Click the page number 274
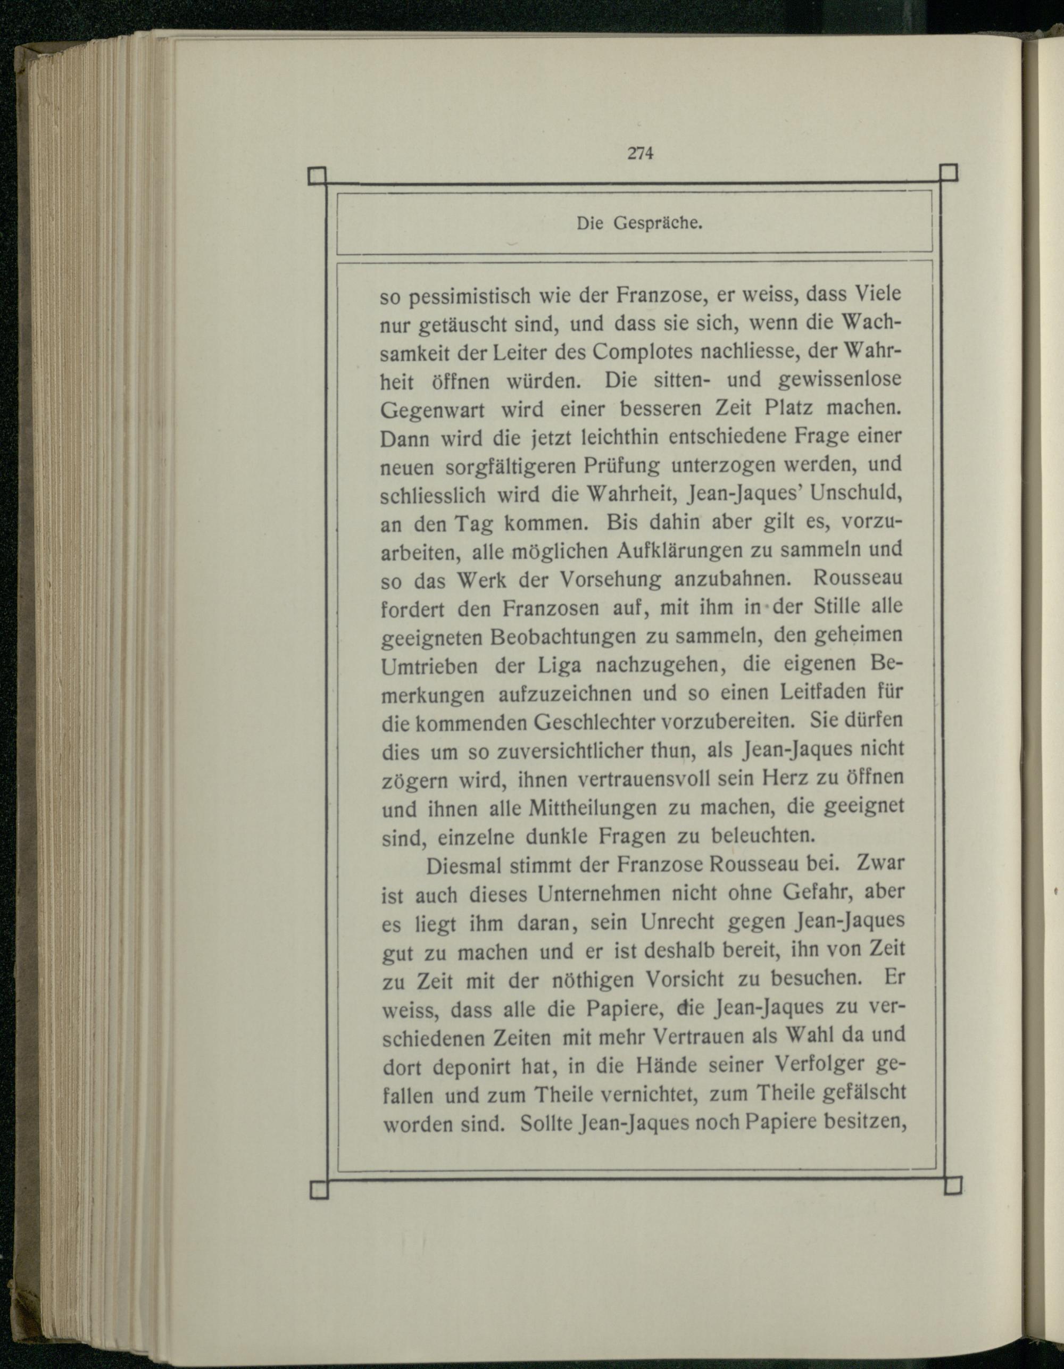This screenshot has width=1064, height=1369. [640, 153]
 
